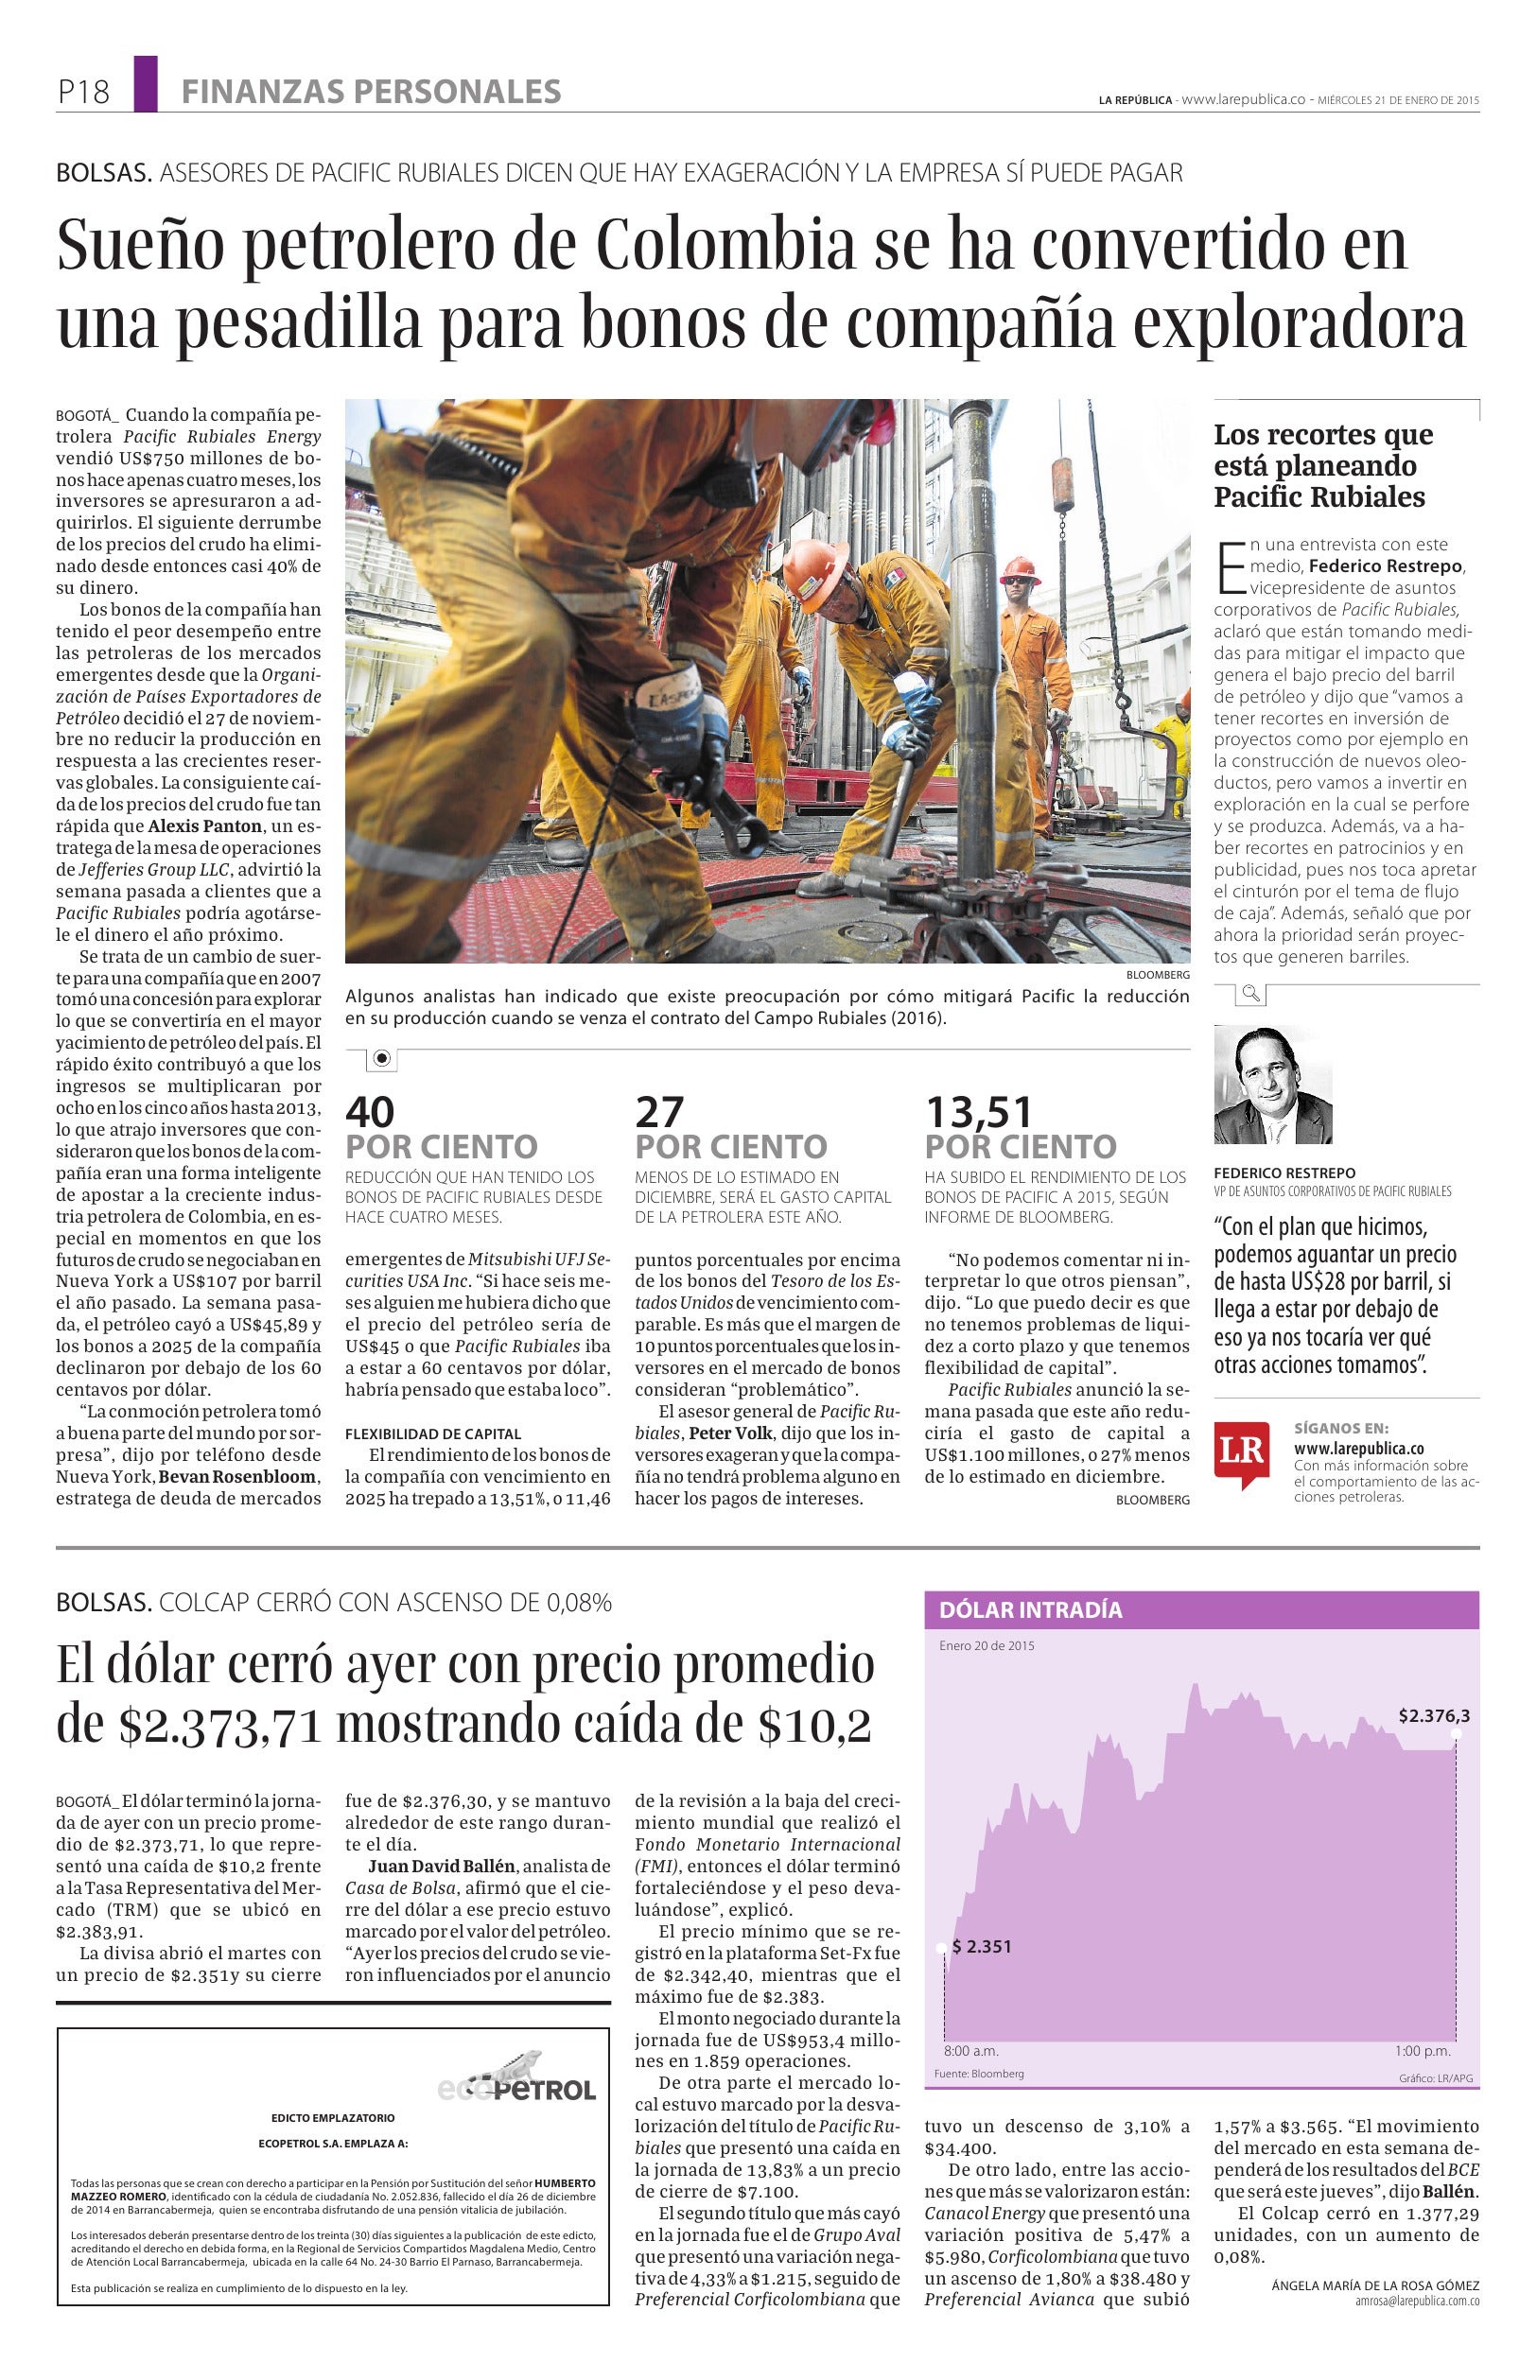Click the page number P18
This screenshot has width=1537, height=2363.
(x=83, y=93)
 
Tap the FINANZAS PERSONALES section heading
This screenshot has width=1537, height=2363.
(x=371, y=93)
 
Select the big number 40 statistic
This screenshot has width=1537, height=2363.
(x=370, y=1111)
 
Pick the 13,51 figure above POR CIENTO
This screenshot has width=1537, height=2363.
(x=979, y=1111)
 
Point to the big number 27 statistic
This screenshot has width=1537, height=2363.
(x=659, y=1111)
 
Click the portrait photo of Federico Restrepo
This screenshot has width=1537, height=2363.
(x=1272, y=1085)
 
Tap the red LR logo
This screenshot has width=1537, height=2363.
(x=1241, y=1452)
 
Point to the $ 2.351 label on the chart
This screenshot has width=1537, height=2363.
(x=981, y=1946)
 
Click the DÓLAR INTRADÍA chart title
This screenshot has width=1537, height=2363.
(x=1030, y=1609)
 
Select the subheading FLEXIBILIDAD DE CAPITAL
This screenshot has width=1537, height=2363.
(x=433, y=1433)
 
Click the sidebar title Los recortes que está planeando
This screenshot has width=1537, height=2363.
(x=1322, y=464)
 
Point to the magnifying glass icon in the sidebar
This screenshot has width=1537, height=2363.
(x=1251, y=993)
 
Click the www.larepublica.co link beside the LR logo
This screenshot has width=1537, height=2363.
(x=1358, y=1448)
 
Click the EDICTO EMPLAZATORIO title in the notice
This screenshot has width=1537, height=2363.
(x=333, y=2118)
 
